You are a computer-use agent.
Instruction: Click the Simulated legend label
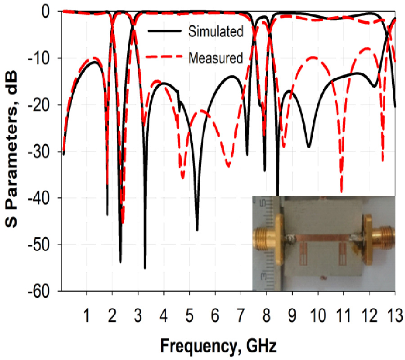[216, 31]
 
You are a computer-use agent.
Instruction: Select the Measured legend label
[216, 58]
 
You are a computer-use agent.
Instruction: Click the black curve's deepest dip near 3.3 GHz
[145, 267]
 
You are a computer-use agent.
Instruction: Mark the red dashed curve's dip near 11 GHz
[342, 191]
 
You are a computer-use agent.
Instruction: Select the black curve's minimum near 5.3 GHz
[197, 230]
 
